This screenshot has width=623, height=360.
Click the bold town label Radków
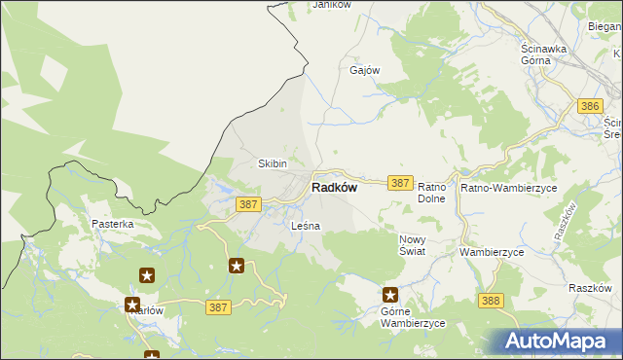334,189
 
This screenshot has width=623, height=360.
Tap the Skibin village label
272,163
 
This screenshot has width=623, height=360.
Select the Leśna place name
306,226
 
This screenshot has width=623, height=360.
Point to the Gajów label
364,71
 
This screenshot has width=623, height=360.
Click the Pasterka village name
113,224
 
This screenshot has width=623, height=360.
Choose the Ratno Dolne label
431,192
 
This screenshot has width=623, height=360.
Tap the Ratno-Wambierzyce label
508,187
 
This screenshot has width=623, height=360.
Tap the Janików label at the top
330,6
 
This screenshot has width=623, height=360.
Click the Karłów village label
145,311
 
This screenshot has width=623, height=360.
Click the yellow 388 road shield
491,301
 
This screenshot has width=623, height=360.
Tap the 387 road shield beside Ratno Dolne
399,182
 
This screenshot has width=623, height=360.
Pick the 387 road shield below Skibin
248,203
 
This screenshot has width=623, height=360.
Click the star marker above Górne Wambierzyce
390,295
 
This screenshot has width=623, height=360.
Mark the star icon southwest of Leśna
237,265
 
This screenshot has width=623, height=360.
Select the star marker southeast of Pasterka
147,276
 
